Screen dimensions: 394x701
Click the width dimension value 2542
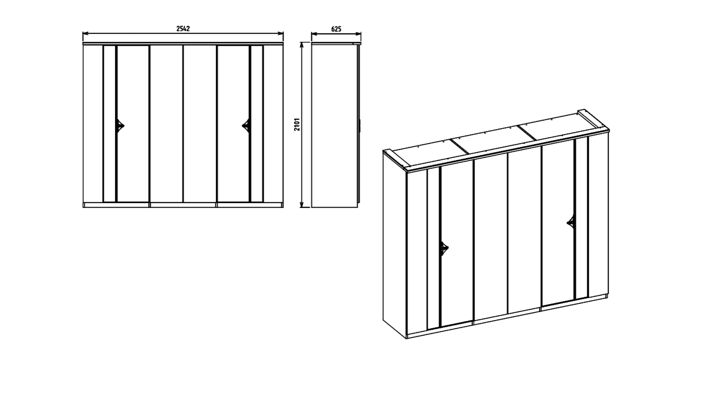tap(183, 29)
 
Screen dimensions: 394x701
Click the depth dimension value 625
tap(336, 29)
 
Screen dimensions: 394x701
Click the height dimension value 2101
tap(297, 124)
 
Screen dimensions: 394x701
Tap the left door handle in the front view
tap(120, 125)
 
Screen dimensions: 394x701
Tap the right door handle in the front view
tap(246, 125)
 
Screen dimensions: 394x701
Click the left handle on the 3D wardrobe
tap(444, 249)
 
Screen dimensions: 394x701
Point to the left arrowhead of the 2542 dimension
tap(85, 34)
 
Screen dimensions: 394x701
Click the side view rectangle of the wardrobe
tap(334, 126)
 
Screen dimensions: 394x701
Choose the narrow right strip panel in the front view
tap(257, 124)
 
